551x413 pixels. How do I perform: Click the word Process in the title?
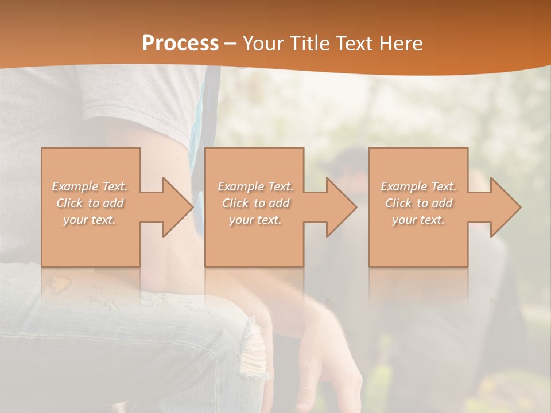tap(180, 44)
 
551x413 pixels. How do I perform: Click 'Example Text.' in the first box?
tap(90, 186)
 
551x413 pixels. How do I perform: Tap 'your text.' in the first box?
tap(90, 220)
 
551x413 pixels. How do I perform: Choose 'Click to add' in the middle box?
tap(255, 203)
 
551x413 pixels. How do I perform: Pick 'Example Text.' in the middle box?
tap(255, 186)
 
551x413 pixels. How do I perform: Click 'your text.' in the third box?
tap(418, 220)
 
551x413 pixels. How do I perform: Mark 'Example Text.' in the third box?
tap(418, 186)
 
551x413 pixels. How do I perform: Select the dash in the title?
tap(230, 44)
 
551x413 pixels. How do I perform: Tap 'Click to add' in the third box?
tap(418, 203)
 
